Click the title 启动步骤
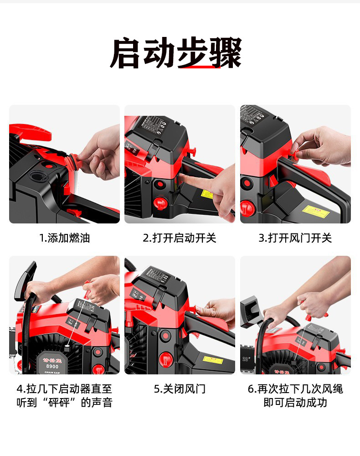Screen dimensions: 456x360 (175, 53)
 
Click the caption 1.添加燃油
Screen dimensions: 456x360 (64, 238)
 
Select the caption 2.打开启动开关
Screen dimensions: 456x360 (180, 238)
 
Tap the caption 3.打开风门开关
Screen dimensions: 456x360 (295, 238)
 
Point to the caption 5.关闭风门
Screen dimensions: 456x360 (180, 389)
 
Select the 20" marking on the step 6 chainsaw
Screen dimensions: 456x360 (246, 359)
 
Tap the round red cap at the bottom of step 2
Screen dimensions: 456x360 (160, 203)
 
